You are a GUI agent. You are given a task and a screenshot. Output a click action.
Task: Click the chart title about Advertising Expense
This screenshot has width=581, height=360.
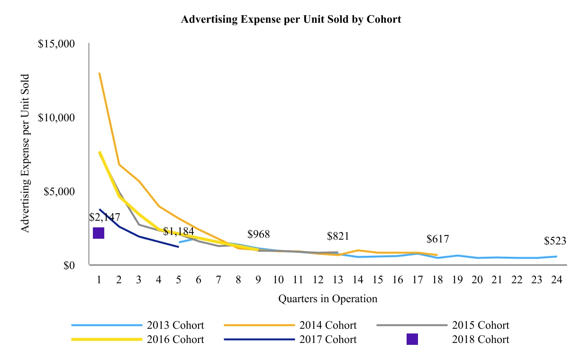coord(291,19)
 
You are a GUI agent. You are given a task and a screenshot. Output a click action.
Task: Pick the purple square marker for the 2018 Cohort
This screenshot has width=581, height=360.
coord(99,233)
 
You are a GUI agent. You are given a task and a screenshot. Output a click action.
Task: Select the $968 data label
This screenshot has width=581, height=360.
coord(258,234)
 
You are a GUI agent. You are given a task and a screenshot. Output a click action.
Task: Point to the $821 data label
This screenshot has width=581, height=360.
coord(338,236)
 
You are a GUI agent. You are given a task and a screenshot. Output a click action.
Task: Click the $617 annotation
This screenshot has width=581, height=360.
coord(437,239)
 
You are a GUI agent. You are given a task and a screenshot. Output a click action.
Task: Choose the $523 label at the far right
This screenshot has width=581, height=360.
coord(555,241)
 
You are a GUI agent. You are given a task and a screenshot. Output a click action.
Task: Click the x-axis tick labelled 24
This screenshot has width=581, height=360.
coord(557,280)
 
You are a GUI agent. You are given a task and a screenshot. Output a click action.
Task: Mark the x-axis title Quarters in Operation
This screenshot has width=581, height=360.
coord(327,298)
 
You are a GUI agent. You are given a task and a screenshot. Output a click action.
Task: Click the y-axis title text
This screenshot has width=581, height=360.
coord(26,153)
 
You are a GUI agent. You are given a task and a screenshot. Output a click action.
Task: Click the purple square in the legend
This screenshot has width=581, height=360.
coord(412,339)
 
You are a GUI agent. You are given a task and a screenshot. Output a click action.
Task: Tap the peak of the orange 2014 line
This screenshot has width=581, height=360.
coord(100,73)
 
